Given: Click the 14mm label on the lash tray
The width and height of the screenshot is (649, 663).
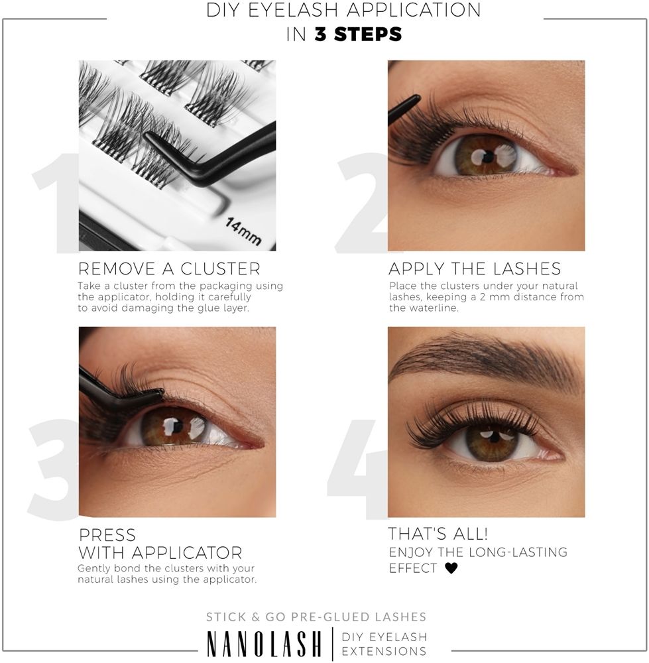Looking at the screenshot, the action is pos(243,231).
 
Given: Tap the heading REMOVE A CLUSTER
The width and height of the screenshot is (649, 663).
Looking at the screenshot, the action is pos(169,269).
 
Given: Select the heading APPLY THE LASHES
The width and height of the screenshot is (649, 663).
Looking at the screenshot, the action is pos(475,269).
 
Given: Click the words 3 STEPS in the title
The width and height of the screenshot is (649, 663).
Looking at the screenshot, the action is pos(358,34).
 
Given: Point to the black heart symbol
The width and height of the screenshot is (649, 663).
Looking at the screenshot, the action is pos(451,568).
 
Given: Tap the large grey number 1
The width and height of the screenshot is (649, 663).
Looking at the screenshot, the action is pos(55,203).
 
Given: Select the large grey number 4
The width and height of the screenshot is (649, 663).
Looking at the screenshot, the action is pos(357,469).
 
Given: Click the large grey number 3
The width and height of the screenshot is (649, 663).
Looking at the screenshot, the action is pos(53,469).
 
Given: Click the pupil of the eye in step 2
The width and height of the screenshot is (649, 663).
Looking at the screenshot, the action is pos(488,158).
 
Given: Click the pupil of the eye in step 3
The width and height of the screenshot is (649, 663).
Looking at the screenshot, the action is pos(178,427).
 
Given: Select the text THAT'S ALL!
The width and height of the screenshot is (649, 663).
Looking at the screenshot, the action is pos(438,534).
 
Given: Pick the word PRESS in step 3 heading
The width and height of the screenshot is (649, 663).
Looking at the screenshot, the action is pos(107,535).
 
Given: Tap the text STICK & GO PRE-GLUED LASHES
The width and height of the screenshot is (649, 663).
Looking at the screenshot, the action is pos(316,617).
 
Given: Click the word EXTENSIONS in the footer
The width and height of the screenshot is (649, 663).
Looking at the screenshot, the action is pos(384,651).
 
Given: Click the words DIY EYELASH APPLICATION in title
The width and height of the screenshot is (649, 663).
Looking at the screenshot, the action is pos(343,10).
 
